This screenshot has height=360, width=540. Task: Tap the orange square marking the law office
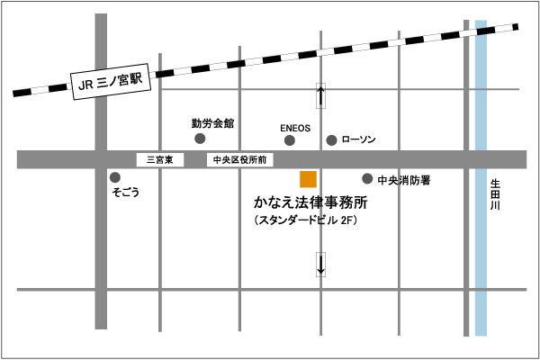click(308, 178)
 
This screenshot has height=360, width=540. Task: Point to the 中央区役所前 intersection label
click(238, 160)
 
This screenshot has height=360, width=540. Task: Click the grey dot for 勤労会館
click(200, 139)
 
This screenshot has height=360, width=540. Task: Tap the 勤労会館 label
click(212, 121)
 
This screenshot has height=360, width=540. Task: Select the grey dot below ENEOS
click(294, 140)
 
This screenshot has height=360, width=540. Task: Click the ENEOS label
click(295, 128)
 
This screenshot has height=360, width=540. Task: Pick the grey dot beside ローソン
click(331, 140)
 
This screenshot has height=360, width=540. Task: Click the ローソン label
click(358, 140)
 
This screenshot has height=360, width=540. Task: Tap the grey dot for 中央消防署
click(367, 178)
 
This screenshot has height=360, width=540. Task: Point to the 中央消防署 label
click(403, 180)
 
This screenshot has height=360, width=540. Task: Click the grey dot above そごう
click(114, 177)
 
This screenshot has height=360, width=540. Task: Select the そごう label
click(125, 193)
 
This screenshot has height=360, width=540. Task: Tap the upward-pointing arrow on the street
click(321, 96)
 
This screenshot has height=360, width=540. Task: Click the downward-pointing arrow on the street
click(321, 263)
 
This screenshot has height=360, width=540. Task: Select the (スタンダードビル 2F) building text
click(307, 221)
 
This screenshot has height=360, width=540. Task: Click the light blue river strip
click(481, 270)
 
